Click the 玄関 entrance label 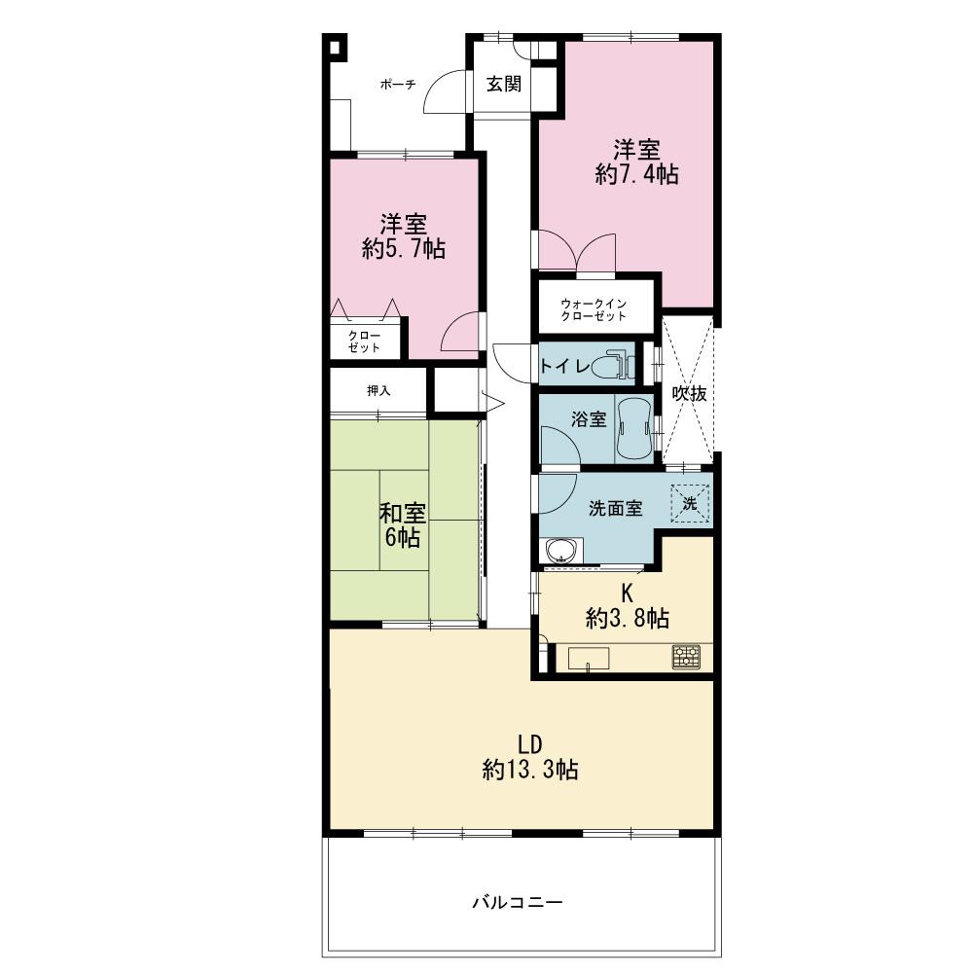503,84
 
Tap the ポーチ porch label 398,85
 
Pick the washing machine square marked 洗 690,503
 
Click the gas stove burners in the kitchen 686,657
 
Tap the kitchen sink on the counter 589,659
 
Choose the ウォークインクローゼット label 594,309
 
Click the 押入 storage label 378,391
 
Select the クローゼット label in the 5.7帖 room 364,342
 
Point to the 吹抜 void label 690,393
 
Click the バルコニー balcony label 519,902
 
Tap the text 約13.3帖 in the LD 530,770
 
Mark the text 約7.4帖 636,174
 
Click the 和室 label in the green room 403,514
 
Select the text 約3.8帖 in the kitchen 628,618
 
